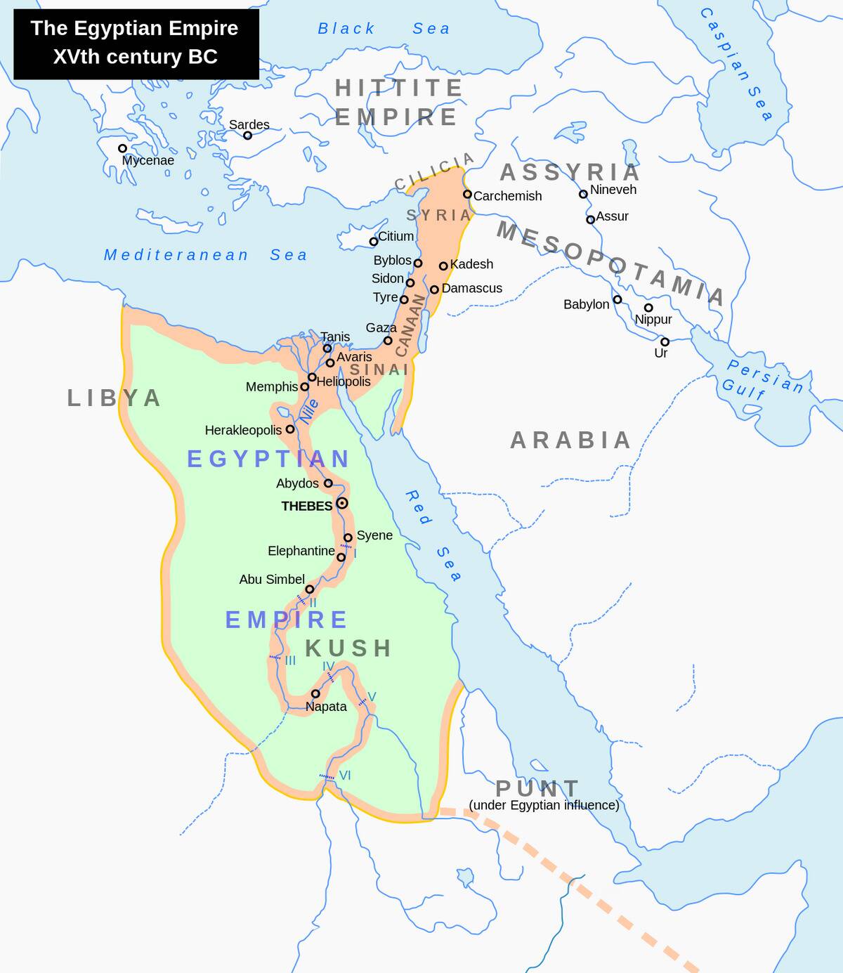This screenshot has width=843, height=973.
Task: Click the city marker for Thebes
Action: [x=341, y=503]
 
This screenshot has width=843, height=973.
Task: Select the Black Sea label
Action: [x=383, y=29]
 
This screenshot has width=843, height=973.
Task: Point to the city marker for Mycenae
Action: [x=122, y=148]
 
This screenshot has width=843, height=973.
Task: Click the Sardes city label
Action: [x=249, y=124]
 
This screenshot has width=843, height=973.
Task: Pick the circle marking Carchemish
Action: [x=467, y=194]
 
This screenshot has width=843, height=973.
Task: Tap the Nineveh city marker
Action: [x=583, y=194]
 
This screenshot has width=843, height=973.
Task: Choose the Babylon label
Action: [x=586, y=304]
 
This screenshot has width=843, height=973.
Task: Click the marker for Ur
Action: [x=665, y=341]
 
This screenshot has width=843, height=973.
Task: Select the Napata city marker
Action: [x=315, y=693]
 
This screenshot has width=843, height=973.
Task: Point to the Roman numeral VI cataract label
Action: [x=344, y=776]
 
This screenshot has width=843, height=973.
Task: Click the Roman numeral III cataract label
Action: [x=289, y=660]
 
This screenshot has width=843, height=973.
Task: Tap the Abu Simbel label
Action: [x=272, y=580]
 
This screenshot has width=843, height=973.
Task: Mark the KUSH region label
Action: [x=348, y=648]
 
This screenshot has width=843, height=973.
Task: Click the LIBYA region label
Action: [x=115, y=398]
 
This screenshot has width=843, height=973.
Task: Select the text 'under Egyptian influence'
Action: [x=544, y=805]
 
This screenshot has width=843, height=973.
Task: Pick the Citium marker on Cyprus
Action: [x=374, y=242]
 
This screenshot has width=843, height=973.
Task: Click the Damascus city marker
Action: [x=434, y=289]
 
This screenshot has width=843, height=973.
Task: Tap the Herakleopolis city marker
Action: [x=289, y=429]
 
